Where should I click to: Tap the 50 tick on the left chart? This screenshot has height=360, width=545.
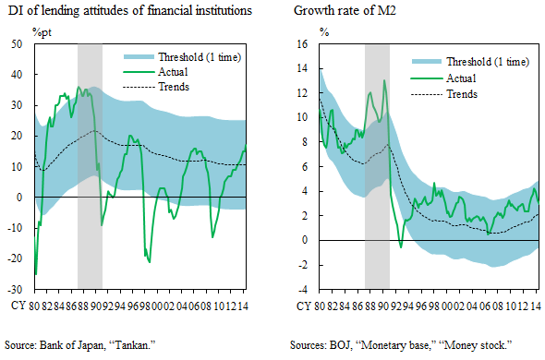tap(18, 44)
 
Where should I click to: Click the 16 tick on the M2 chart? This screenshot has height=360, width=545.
tap(300, 44)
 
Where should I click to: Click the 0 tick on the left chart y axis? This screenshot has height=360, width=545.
tap(20, 198)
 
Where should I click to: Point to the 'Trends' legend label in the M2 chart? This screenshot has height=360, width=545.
tap(465, 94)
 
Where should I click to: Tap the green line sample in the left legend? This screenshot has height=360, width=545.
tap(139, 72)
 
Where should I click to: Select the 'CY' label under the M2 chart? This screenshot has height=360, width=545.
tap(302, 305)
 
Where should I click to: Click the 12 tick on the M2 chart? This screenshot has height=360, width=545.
tap(300, 93)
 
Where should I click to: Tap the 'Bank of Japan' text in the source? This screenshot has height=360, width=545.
tap(74, 344)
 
